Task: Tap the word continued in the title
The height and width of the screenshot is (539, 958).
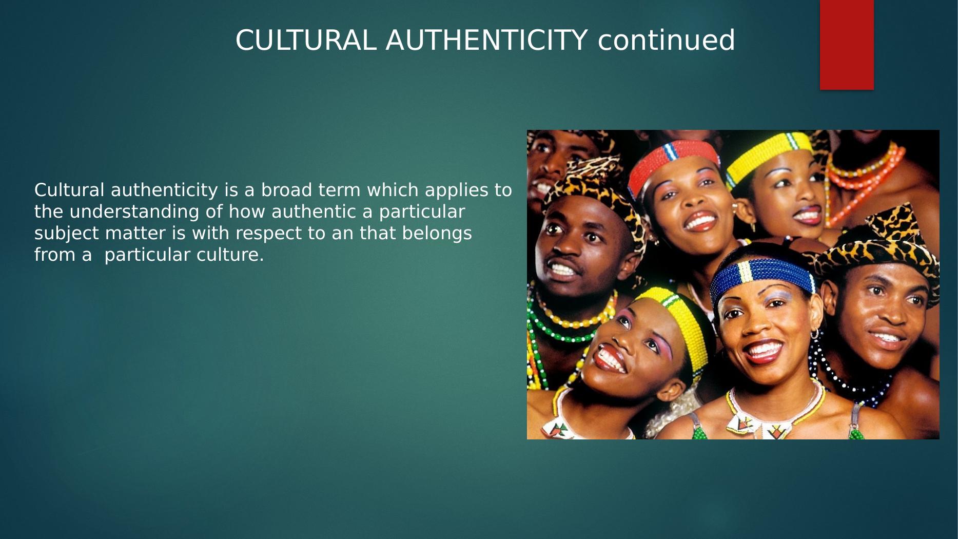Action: tap(666, 41)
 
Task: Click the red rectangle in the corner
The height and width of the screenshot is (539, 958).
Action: tap(846, 45)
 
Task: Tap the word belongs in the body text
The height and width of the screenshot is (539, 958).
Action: tap(437, 234)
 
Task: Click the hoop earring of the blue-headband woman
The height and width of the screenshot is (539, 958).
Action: tap(814, 334)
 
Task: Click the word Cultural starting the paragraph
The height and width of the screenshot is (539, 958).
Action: tap(69, 190)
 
